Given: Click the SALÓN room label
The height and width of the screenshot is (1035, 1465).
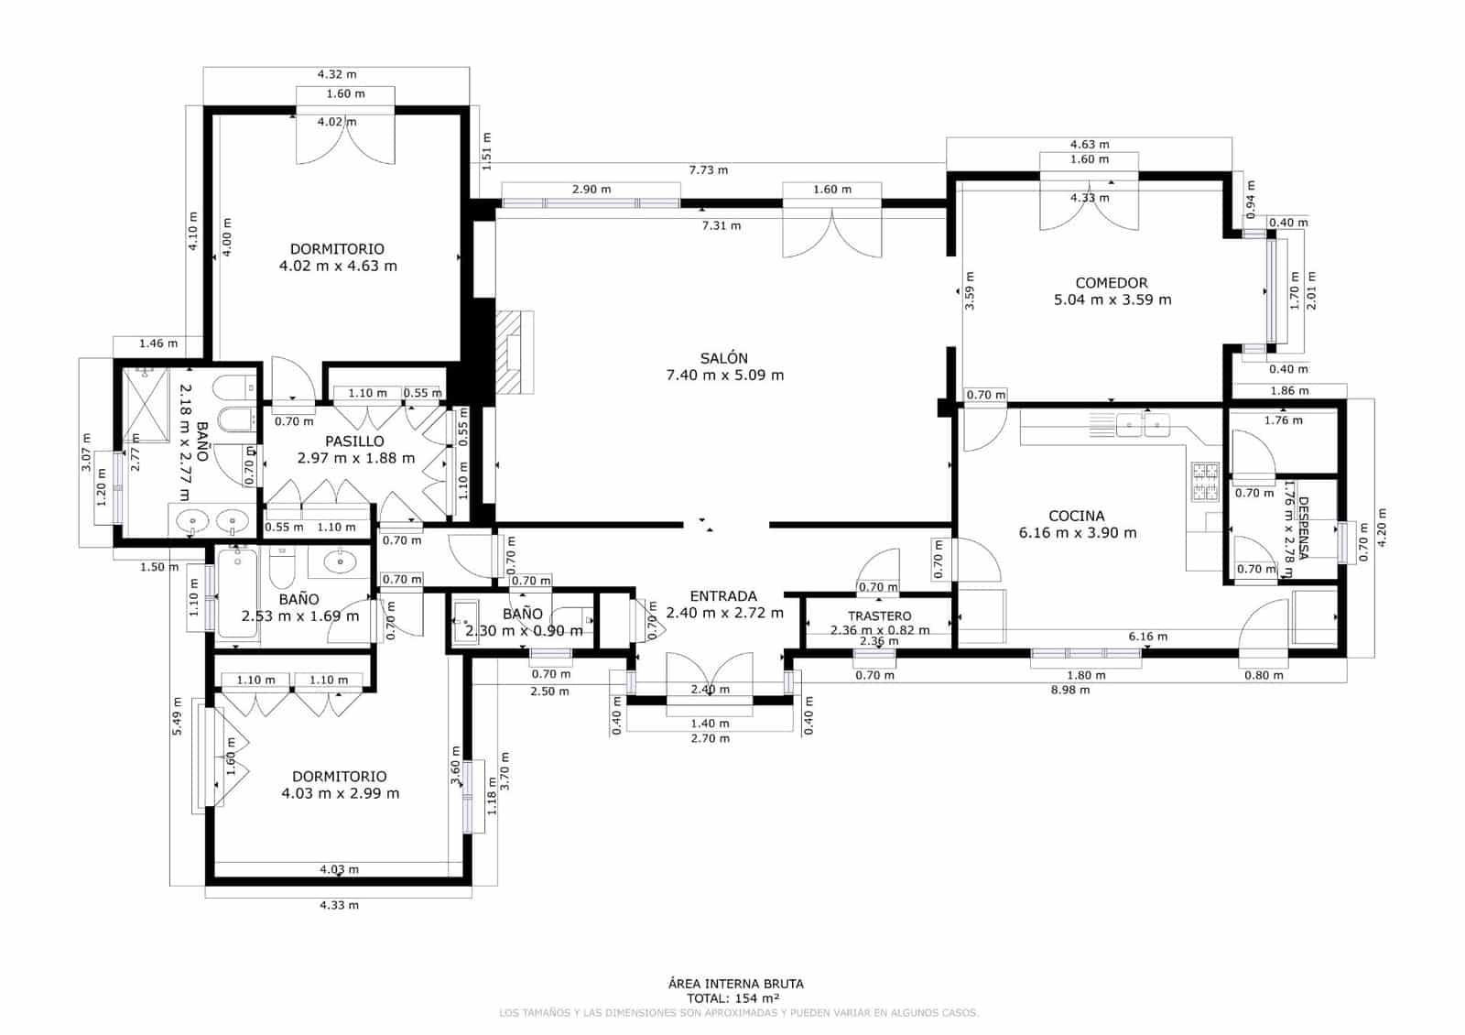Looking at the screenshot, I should point(724,359).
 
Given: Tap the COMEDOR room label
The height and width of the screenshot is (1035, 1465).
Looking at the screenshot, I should point(1112,283).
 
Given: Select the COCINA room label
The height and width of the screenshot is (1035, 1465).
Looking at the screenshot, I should point(1077,516).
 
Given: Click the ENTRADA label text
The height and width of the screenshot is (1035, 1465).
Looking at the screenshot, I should point(723,596).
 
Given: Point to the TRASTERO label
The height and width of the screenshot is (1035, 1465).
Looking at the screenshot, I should point(879,616).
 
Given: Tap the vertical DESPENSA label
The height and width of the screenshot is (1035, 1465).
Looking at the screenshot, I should point(1304,528).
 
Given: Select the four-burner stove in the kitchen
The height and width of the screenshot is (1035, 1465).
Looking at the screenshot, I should point(1205,482).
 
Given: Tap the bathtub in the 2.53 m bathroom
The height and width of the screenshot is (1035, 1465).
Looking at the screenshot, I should point(238,593).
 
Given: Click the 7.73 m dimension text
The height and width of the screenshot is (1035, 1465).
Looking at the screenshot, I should point(709,170).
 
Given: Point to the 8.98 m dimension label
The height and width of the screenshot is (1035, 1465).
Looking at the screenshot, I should point(1070,690).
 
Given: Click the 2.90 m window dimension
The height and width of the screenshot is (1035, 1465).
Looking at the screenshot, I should point(591,190).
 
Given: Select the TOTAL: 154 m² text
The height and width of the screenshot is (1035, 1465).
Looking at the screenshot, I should point(733,998).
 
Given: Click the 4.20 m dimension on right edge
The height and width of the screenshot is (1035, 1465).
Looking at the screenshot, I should point(1382,527).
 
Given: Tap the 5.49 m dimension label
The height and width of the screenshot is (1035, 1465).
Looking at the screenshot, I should point(179,715).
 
